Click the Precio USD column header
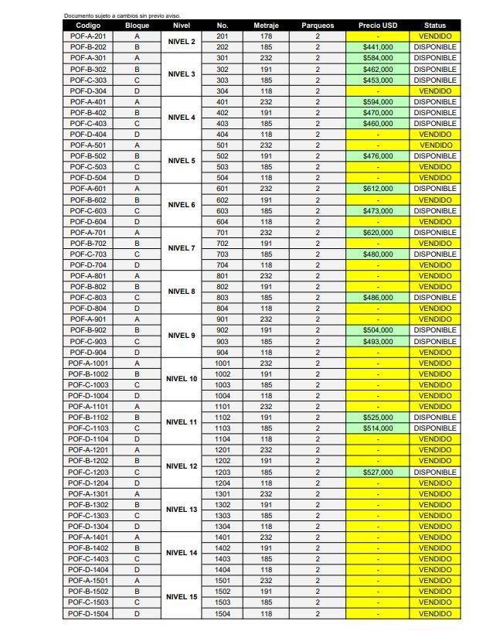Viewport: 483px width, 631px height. (x=378, y=26)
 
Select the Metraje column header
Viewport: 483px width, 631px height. (x=266, y=26)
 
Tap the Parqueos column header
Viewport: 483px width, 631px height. (x=317, y=26)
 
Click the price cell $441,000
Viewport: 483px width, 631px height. (x=378, y=47)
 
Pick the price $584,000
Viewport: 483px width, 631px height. (x=378, y=58)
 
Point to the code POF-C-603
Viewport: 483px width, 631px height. (x=88, y=210)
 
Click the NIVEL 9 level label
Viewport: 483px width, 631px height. (x=182, y=336)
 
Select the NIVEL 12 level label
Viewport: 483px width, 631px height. (x=182, y=466)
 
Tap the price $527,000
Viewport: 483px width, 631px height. (x=378, y=472)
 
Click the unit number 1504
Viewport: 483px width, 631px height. (x=223, y=613)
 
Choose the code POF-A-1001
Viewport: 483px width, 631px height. (x=88, y=363)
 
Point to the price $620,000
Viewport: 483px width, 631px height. (x=378, y=232)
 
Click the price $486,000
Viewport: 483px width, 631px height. (x=378, y=298)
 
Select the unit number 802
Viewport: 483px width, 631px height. (x=223, y=287)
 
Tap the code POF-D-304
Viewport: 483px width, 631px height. (x=88, y=91)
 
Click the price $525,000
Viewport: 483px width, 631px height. (x=378, y=418)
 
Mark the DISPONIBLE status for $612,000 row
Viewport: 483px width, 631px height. (x=435, y=189)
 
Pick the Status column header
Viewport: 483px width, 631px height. (x=435, y=26)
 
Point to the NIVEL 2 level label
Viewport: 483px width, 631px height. (x=182, y=42)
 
